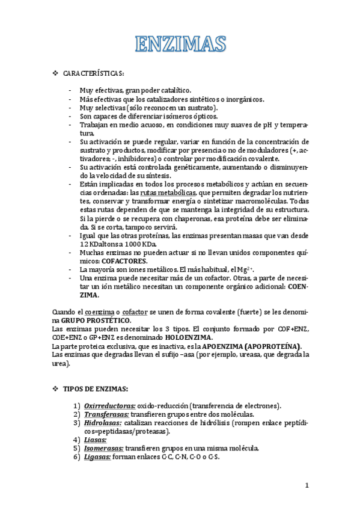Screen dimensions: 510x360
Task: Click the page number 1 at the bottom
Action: tap(306, 485)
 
